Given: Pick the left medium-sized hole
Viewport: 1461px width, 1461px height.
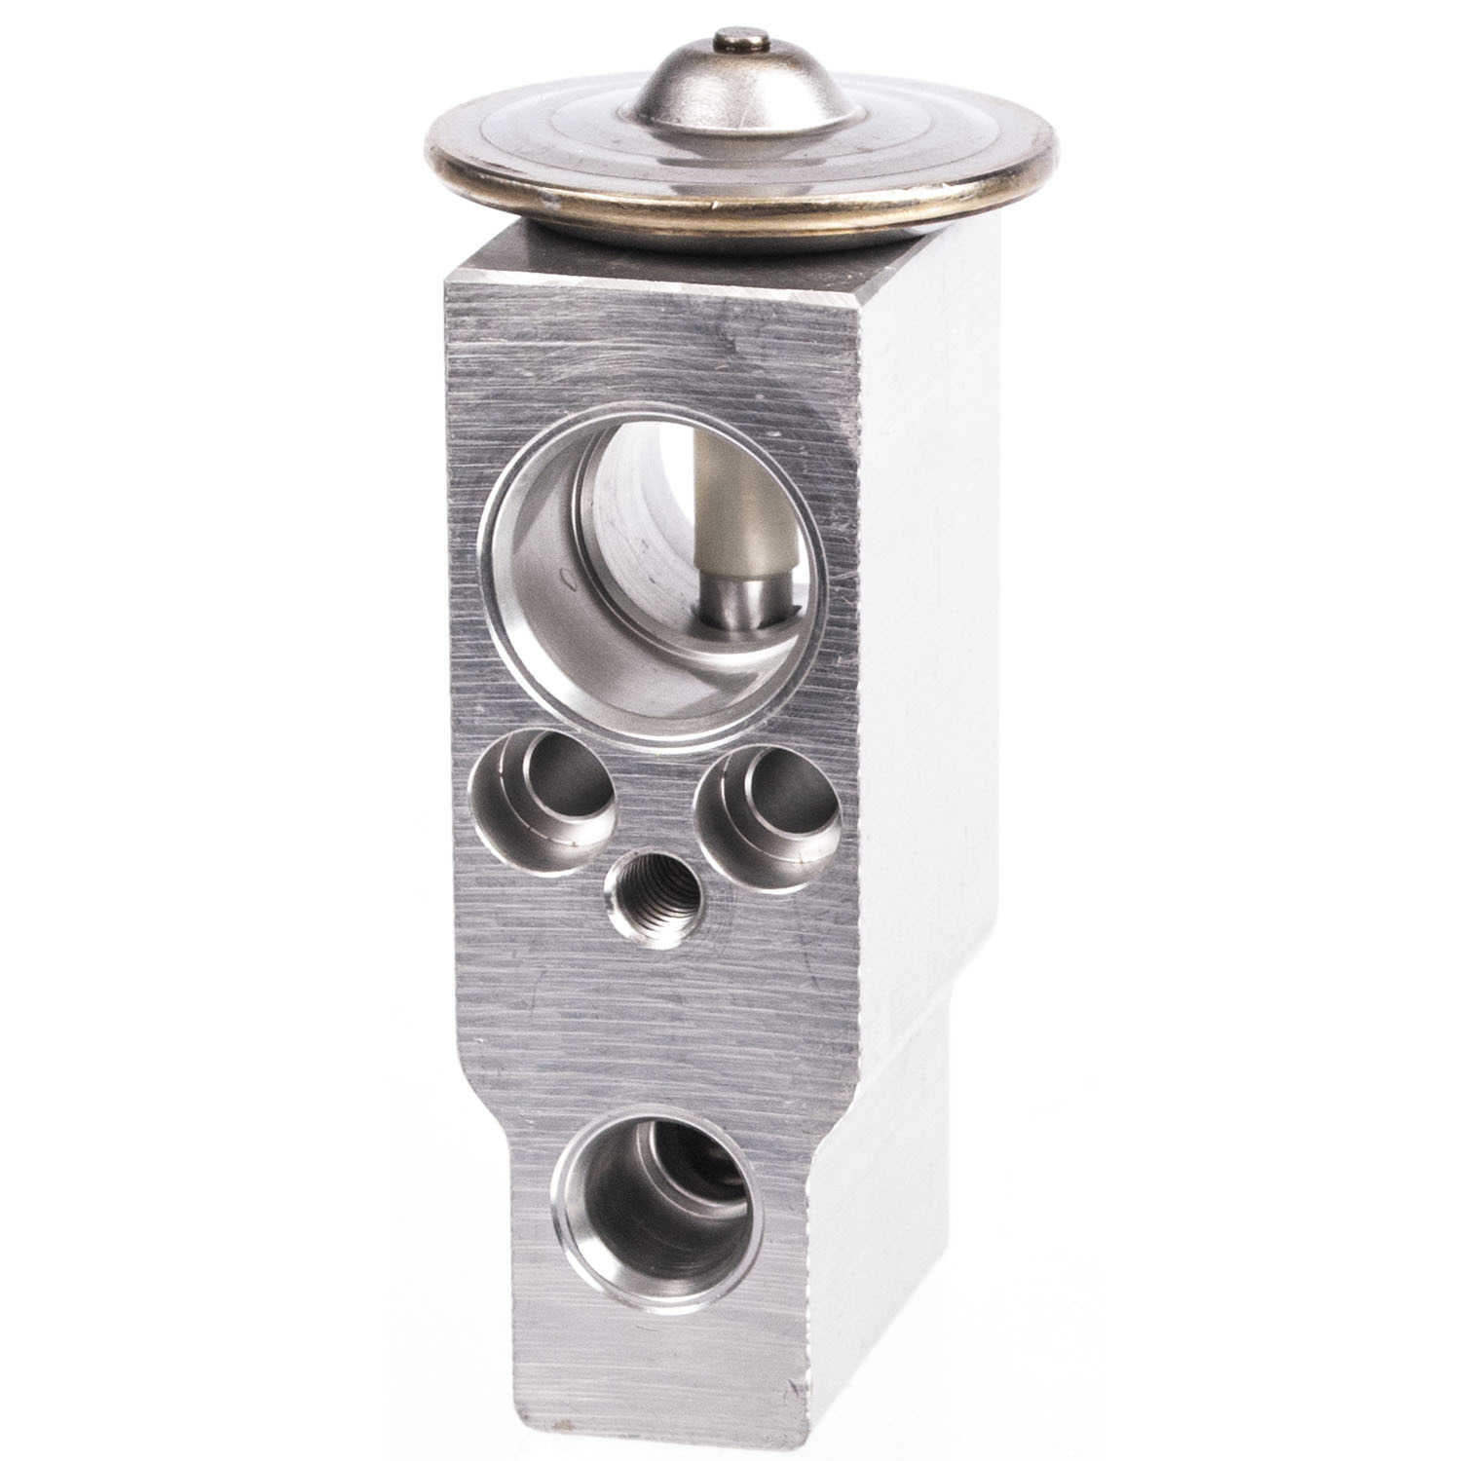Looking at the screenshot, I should (x=543, y=801).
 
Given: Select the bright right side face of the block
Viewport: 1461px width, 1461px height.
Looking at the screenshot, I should (x=925, y=682).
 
